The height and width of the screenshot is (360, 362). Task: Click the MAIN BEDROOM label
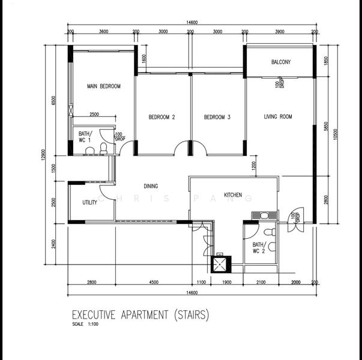coord(103,86)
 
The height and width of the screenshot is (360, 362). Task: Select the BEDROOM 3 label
coord(217,117)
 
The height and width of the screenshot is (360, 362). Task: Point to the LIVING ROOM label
coord(278,116)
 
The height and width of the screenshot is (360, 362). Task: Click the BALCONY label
coord(281,62)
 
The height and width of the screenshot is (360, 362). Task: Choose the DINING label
coord(151,186)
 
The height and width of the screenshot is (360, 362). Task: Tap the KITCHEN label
coord(233,195)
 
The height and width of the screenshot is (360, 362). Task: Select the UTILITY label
coord(89,203)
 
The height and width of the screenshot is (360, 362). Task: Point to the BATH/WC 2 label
coord(258,248)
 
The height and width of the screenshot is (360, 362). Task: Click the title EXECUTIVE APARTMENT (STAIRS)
coord(140,314)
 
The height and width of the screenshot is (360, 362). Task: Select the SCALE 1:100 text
coord(84,325)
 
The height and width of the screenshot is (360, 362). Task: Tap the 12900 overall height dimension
coord(52,154)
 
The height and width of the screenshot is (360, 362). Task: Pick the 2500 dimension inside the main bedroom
coord(94,114)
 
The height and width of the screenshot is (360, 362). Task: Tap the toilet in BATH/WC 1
coord(103,147)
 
